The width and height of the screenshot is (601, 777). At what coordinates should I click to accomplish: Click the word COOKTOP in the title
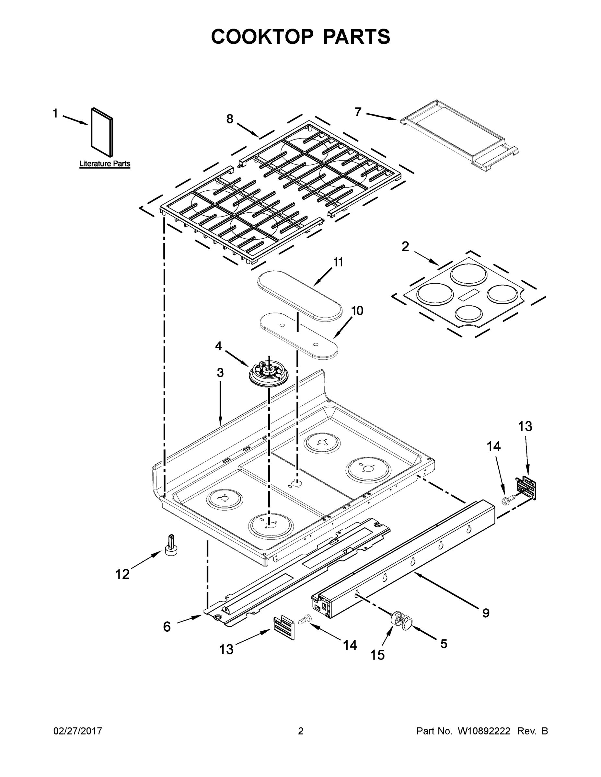click(262, 37)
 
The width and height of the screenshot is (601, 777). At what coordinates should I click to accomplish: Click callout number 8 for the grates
click(230, 119)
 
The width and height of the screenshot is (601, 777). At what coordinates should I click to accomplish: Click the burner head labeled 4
click(268, 374)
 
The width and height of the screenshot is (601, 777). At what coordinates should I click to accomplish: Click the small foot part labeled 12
click(172, 546)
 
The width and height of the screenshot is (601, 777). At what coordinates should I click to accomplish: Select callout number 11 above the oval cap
click(338, 262)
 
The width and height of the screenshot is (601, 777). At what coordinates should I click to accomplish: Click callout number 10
click(357, 310)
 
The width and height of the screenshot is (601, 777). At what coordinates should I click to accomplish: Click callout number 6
click(167, 626)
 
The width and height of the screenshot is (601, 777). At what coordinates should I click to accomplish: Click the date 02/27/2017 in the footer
click(78, 731)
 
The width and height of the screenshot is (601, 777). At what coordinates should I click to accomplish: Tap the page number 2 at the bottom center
click(301, 731)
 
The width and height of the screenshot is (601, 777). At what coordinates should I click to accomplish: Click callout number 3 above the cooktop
click(220, 373)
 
